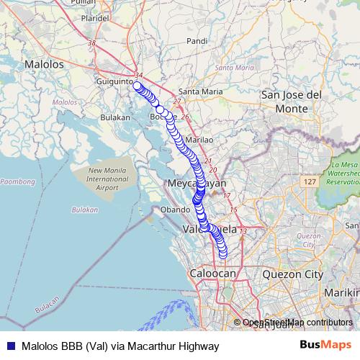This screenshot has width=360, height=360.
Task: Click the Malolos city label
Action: tap(44, 64)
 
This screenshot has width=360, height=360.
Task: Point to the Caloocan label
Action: tap(213, 274)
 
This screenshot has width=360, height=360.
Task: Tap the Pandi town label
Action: tap(197, 41)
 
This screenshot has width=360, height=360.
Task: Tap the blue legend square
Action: tap(12, 346)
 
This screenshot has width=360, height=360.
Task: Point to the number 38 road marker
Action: tap(91, 44)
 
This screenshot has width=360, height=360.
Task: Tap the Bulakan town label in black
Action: tap(114, 116)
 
